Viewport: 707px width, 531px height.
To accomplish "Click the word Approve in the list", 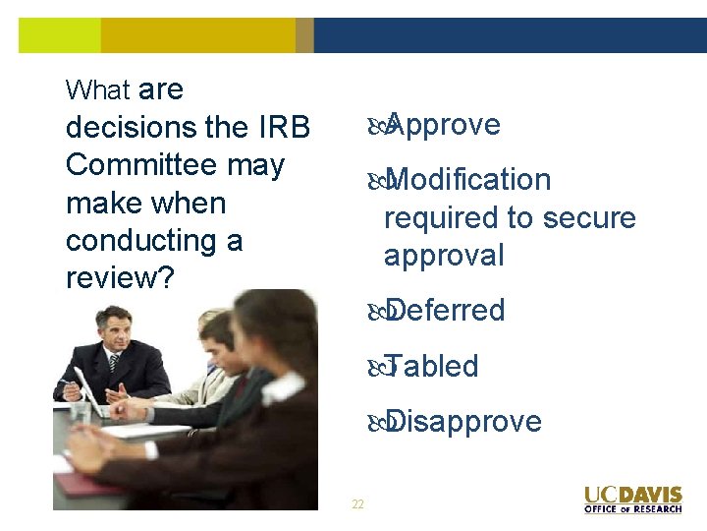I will pos(443,125).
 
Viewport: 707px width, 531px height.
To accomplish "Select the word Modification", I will pos(467,180).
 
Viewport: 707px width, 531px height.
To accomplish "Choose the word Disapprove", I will pos(463,421).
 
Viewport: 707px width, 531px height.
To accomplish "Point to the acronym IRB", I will pos(284,128).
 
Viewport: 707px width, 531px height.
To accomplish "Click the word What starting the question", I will pos(97,90).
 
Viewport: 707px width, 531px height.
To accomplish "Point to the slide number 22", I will pos(357,504).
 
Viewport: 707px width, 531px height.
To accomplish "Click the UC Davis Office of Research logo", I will pos(632,499).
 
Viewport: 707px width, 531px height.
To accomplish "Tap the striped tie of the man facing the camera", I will pos(115,364).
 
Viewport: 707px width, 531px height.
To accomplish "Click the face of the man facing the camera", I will pos(115,330).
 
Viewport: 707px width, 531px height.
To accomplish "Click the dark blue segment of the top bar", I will pos(510,35).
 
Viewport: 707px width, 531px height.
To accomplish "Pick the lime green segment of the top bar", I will pos(59,35).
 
